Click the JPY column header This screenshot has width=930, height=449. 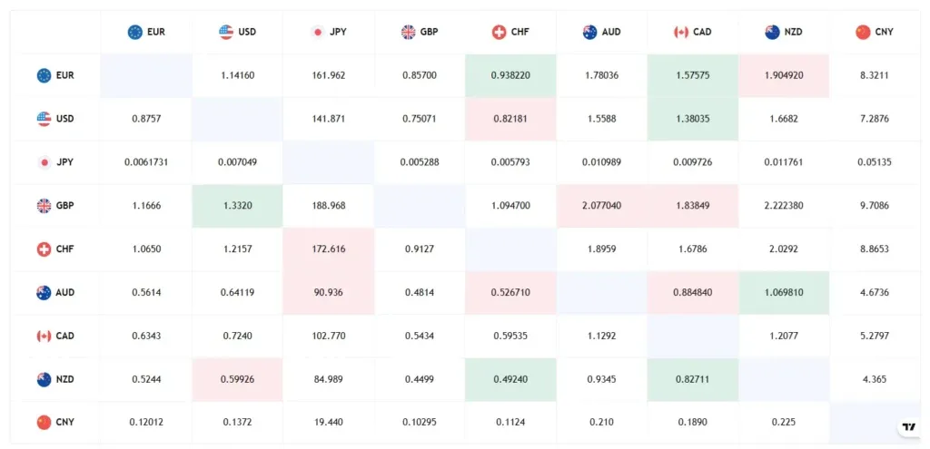pyautogui.click(x=329, y=32)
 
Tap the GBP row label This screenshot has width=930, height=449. pyautogui.click(x=55, y=206)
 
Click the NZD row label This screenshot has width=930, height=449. pyautogui.click(x=55, y=380)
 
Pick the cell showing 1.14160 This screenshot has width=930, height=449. pyautogui.click(x=237, y=75)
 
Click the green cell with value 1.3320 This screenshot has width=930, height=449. pyautogui.click(x=237, y=206)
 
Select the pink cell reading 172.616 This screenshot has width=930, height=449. pyautogui.click(x=328, y=249)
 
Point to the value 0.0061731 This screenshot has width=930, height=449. pyautogui.click(x=146, y=162)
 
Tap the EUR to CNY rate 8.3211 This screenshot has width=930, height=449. pyautogui.click(x=875, y=75)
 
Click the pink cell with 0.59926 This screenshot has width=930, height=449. pyautogui.click(x=237, y=380)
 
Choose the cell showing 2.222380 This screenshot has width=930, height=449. pyautogui.click(x=784, y=206)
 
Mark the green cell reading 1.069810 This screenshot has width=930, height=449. pyautogui.click(x=784, y=293)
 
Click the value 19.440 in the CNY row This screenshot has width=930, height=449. pyautogui.click(x=328, y=423)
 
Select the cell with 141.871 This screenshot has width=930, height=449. pyautogui.click(x=328, y=119)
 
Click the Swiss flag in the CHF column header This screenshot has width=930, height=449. pyautogui.click(x=499, y=32)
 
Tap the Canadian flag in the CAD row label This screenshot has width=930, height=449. pyautogui.click(x=44, y=337)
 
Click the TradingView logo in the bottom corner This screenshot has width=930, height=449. pyautogui.click(x=907, y=427)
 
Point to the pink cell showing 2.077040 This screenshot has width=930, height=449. pyautogui.click(x=601, y=206)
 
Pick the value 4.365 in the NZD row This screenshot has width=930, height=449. pyautogui.click(x=875, y=380)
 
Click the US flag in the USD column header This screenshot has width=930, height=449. pyautogui.click(x=226, y=32)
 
